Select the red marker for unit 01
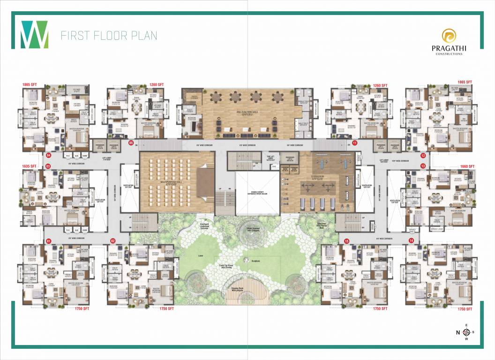click(48, 241)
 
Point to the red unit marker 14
click(411, 240)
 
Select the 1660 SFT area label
click(467, 166)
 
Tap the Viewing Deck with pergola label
click(247, 292)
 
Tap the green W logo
click(34, 35)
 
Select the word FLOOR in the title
click(106, 36)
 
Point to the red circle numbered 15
click(346, 241)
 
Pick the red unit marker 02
click(113, 241)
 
